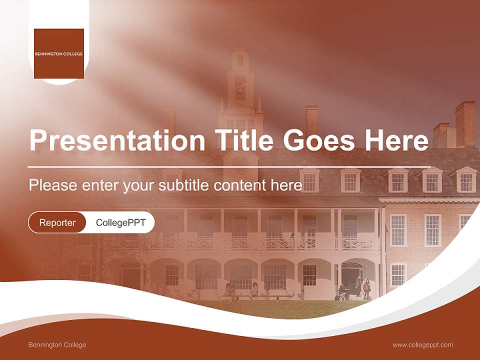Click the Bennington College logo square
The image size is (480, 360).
coord(59,53)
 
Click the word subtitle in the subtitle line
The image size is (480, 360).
coord(184,185)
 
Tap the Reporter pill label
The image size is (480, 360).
coord(57,222)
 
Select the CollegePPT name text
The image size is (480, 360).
coord(120,222)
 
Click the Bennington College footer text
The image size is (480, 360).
coord(57,345)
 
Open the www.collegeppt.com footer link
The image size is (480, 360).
coord(422,345)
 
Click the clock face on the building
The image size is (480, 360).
coord(240,163)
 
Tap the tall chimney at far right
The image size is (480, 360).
coord(465,122)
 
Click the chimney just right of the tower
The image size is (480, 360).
coord(312,120)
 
